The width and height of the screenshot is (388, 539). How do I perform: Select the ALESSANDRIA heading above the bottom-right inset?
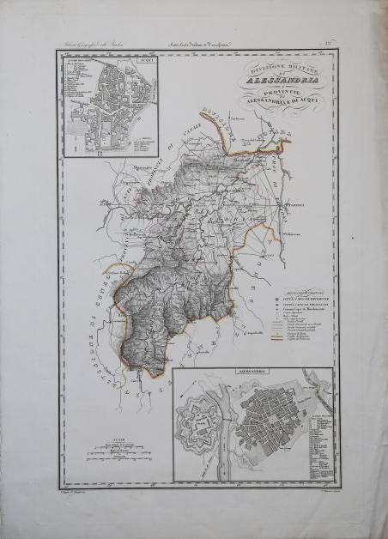[252, 373]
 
